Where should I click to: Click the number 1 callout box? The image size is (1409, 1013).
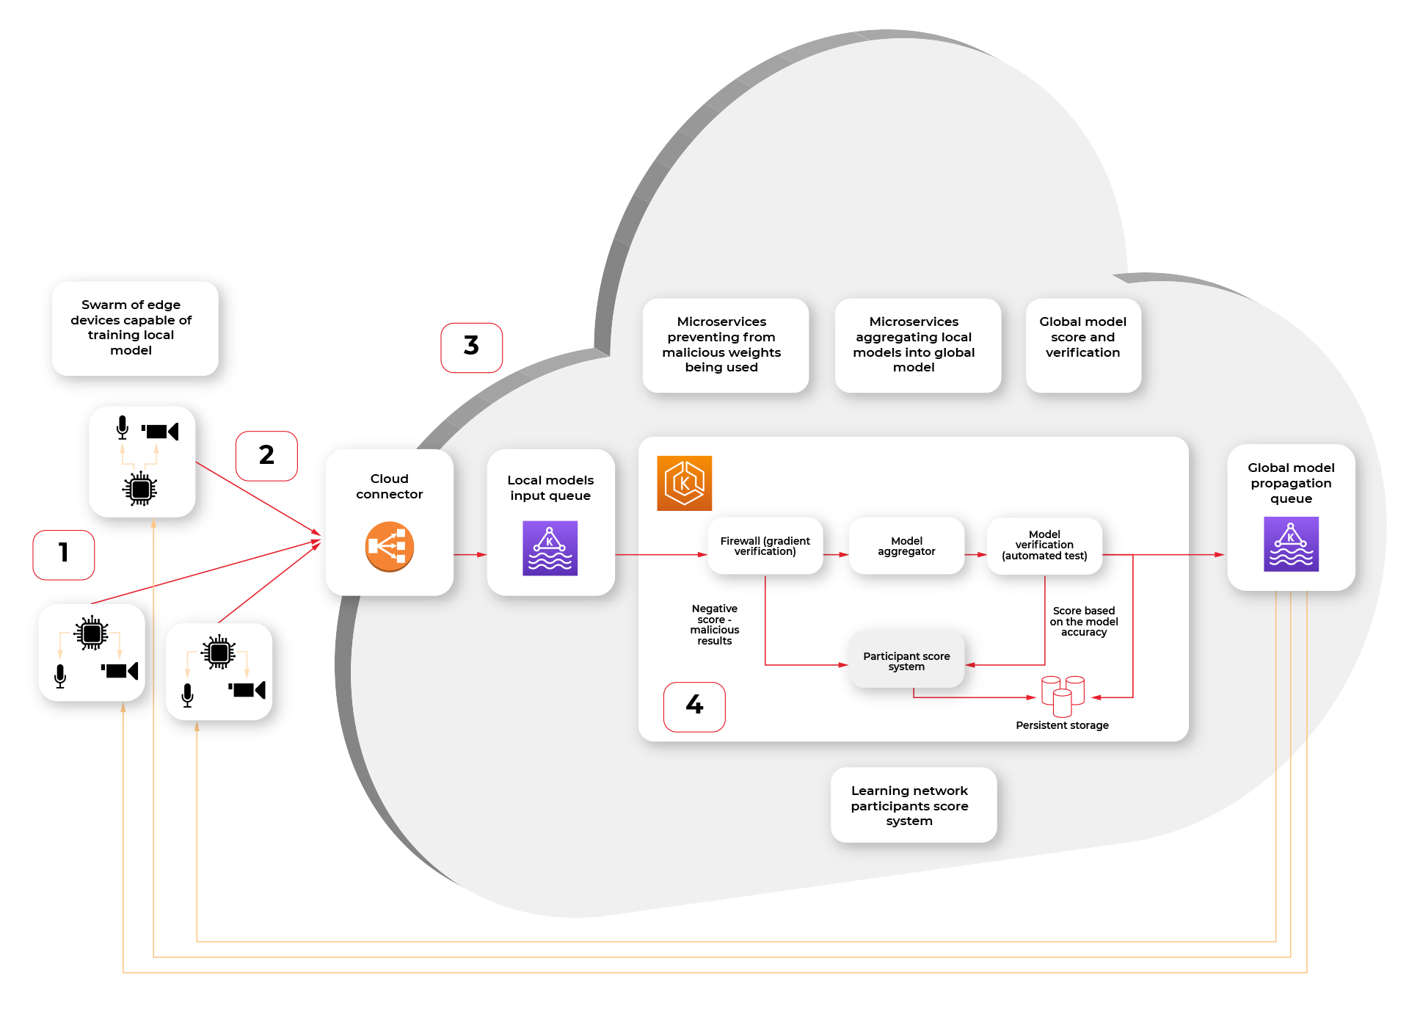[64, 555]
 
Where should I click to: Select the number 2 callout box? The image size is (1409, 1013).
[266, 456]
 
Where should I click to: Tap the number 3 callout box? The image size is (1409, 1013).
[471, 347]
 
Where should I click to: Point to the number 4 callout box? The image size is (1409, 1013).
[694, 706]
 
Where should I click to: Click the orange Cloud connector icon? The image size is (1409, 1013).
[389, 547]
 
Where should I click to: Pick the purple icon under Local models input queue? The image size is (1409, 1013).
[550, 548]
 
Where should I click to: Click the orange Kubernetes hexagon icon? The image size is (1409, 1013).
[684, 483]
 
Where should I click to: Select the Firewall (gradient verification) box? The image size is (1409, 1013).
[765, 546]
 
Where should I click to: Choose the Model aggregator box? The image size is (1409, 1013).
[906, 546]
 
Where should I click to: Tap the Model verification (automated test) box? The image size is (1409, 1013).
[1044, 545]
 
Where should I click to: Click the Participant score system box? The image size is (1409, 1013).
[906, 661]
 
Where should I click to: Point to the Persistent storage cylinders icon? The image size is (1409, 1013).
[1063, 695]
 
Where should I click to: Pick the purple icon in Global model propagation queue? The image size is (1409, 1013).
[1291, 544]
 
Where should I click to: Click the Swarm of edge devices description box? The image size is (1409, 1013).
[135, 328]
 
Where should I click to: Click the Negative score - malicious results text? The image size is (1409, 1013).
[715, 625]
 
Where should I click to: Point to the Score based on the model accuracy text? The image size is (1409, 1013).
[1084, 621]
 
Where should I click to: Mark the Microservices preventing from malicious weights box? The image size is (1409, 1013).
[725, 345]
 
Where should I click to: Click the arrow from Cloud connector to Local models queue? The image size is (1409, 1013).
[470, 554]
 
